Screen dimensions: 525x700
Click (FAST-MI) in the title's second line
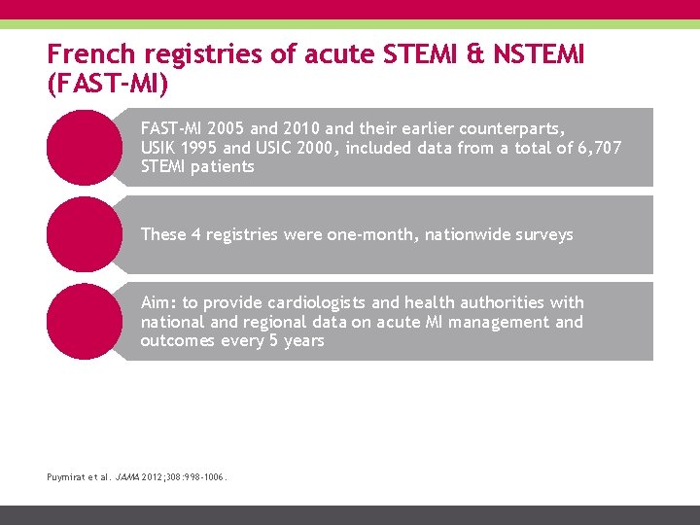pyautogui.click(x=107, y=84)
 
